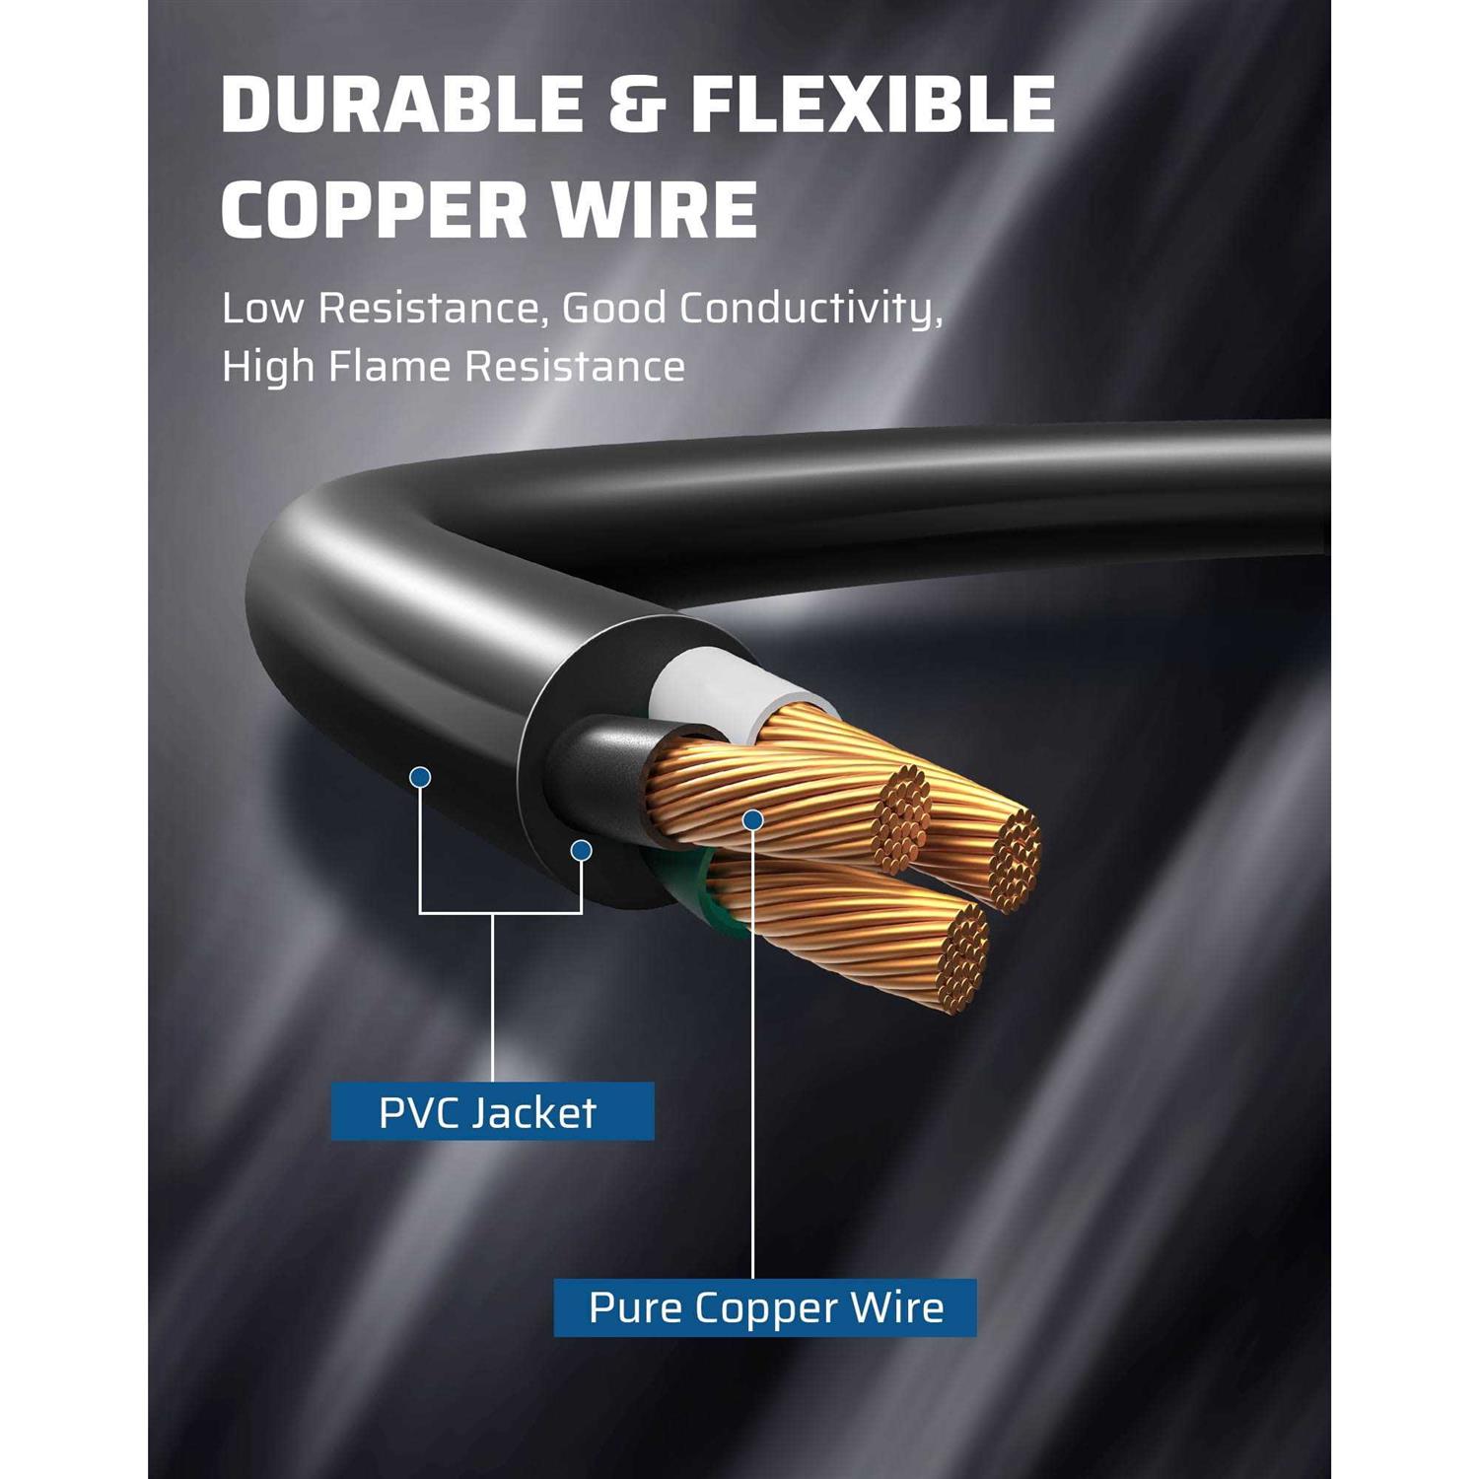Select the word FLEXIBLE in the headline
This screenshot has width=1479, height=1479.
pos(873,104)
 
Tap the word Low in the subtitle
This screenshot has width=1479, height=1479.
pos(262,309)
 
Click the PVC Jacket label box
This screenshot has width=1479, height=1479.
pos(492,1111)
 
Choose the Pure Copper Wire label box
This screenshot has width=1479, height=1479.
pos(765,1307)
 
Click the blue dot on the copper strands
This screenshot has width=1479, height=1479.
pos(753,818)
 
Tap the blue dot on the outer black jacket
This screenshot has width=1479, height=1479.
pos(421,778)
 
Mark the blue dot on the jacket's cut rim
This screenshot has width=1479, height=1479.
pos(582,849)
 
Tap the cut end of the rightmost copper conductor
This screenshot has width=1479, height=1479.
pos(1016,856)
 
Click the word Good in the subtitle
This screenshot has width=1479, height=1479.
pos(614,309)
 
